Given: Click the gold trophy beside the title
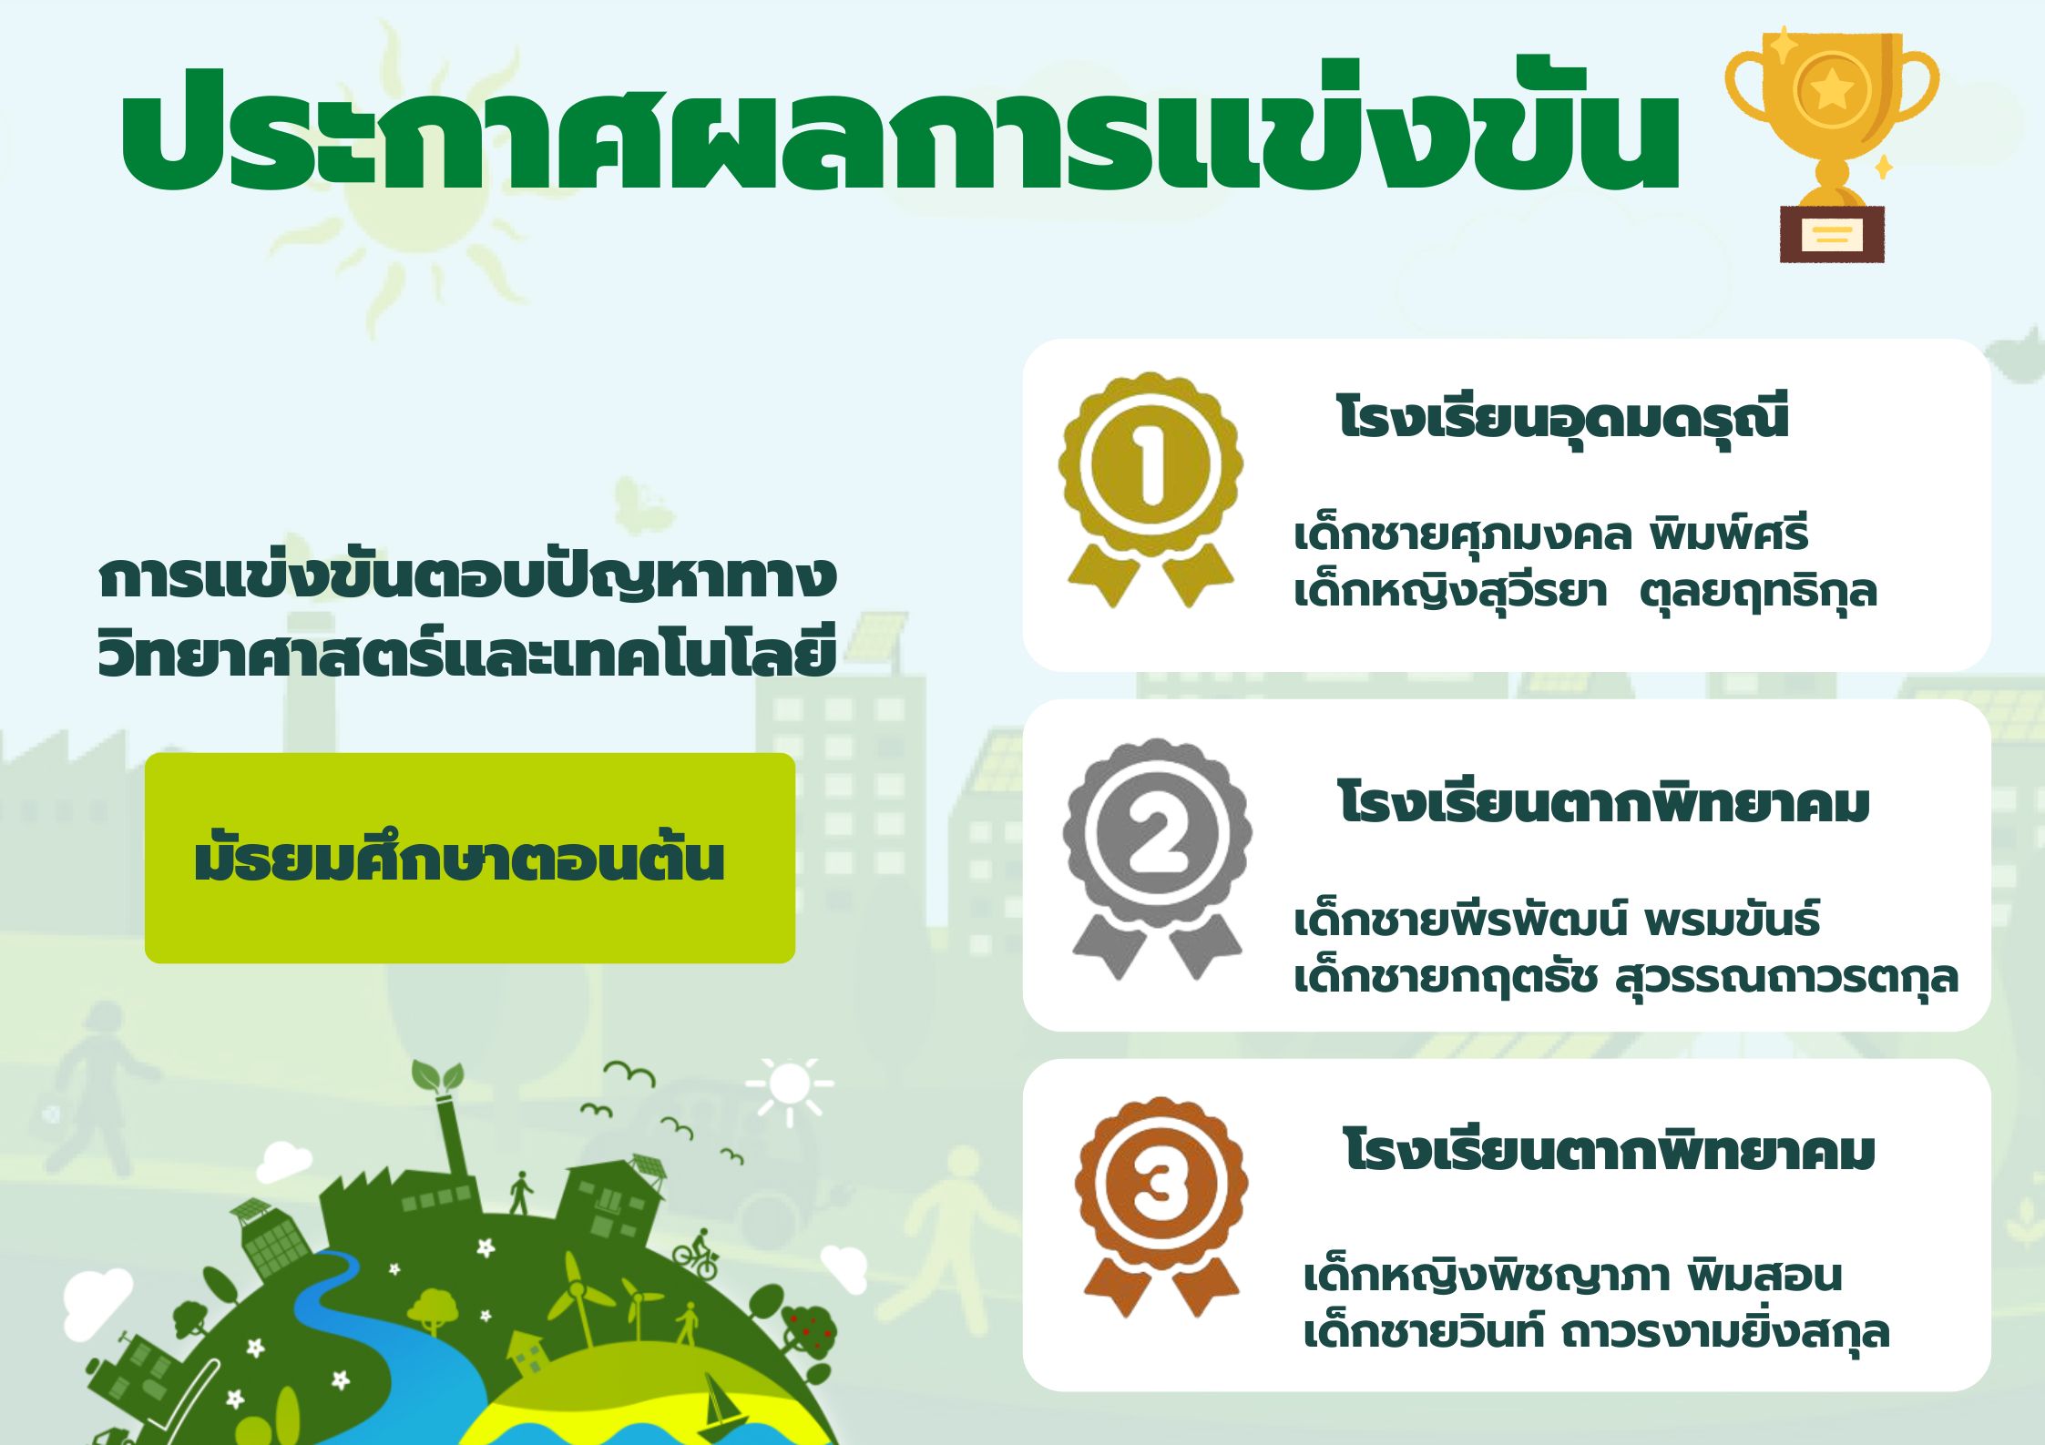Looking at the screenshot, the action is click(1832, 146).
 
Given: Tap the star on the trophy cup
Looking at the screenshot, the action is click(1832, 89).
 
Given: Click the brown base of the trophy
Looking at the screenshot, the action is click(1832, 235).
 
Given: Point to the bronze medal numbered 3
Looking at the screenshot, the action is click(1161, 1206).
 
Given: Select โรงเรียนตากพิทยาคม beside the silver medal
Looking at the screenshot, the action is click(1604, 802).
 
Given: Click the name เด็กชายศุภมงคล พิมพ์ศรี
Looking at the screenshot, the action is click(1551, 534).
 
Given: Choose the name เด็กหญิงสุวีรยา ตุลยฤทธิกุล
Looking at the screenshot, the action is click(1586, 590).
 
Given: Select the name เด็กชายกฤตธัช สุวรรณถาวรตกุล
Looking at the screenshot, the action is click(1626, 977).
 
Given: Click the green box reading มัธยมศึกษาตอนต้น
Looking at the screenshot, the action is click(470, 858).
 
